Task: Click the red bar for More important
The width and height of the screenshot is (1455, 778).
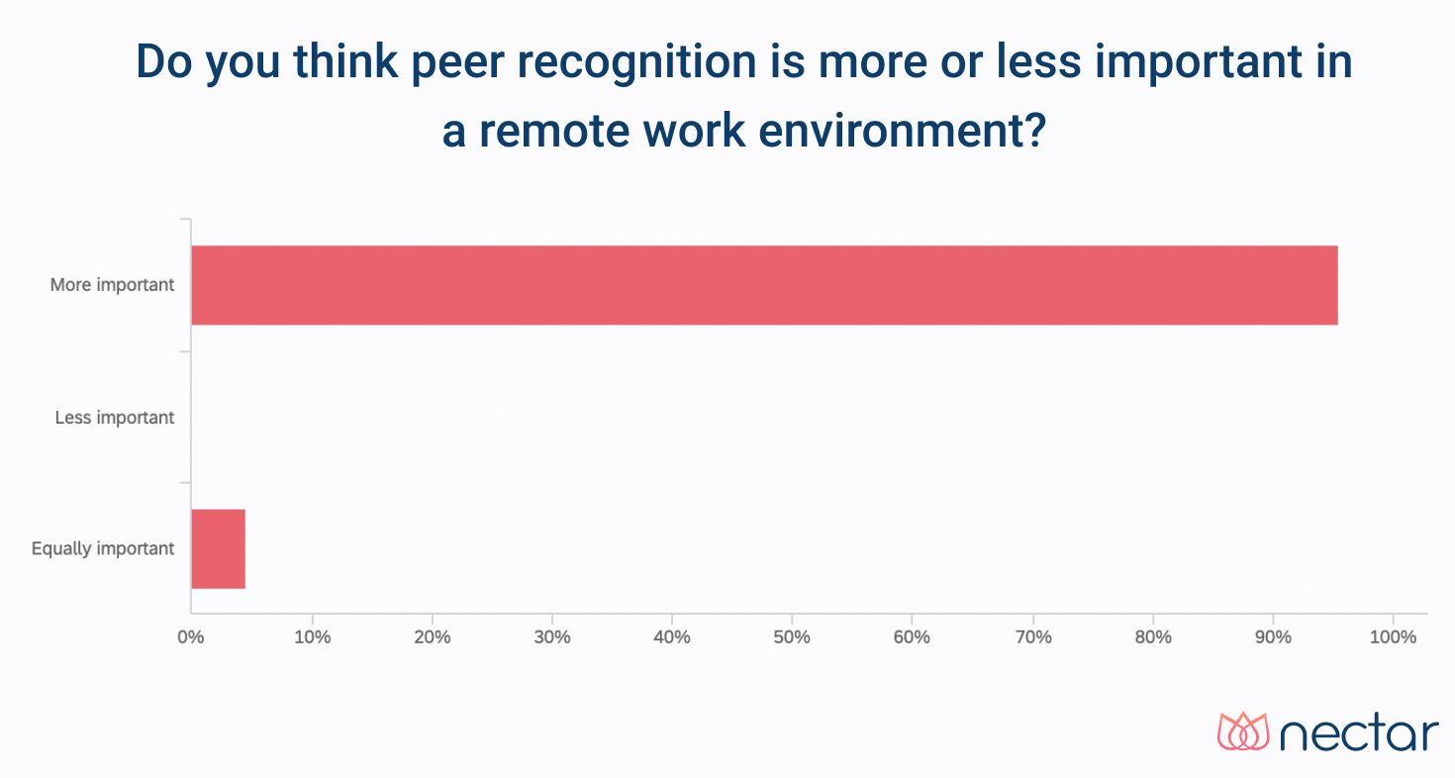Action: point(764,285)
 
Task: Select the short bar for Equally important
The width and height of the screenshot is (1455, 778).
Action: point(218,548)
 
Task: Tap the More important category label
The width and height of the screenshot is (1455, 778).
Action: point(112,285)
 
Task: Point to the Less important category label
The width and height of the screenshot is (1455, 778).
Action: point(115,417)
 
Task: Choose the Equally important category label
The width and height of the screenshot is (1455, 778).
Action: point(103,548)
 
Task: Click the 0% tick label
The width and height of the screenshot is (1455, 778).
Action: point(190,636)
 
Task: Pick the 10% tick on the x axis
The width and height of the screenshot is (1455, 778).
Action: point(312,636)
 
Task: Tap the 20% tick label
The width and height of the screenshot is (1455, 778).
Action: point(432,636)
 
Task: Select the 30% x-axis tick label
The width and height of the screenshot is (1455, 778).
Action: point(551,636)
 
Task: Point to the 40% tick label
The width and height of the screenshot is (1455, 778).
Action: point(672,636)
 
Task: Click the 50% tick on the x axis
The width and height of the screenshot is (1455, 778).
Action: point(792,636)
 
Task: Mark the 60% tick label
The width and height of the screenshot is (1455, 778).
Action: point(912,636)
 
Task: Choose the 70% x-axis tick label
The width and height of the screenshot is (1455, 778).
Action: point(1032,636)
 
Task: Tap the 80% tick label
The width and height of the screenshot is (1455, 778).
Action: point(1152,636)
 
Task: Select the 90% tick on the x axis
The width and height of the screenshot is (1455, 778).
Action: point(1273,636)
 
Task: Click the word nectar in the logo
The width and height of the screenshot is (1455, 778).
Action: point(1359,733)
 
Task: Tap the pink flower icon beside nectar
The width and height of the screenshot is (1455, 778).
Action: point(1242,731)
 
